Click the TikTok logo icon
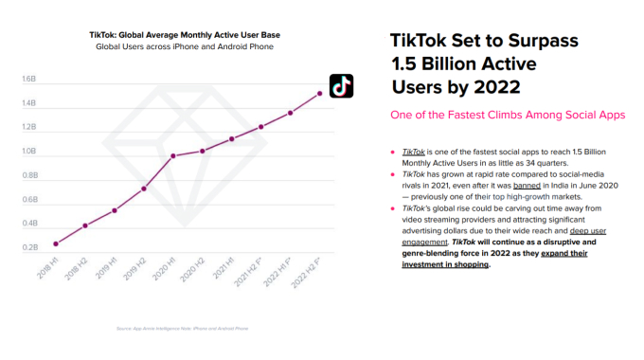pos(341,85)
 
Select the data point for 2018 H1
pos(56,243)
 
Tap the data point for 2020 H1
pos(172,156)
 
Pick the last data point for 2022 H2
pos(320,93)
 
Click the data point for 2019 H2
pos(144,189)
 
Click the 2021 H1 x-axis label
pos(224,268)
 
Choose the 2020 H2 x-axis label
pos(194,268)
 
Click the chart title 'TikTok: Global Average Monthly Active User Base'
pos(185,35)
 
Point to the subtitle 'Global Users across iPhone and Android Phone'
pos(185,46)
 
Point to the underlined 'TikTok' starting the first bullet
pos(413,151)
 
